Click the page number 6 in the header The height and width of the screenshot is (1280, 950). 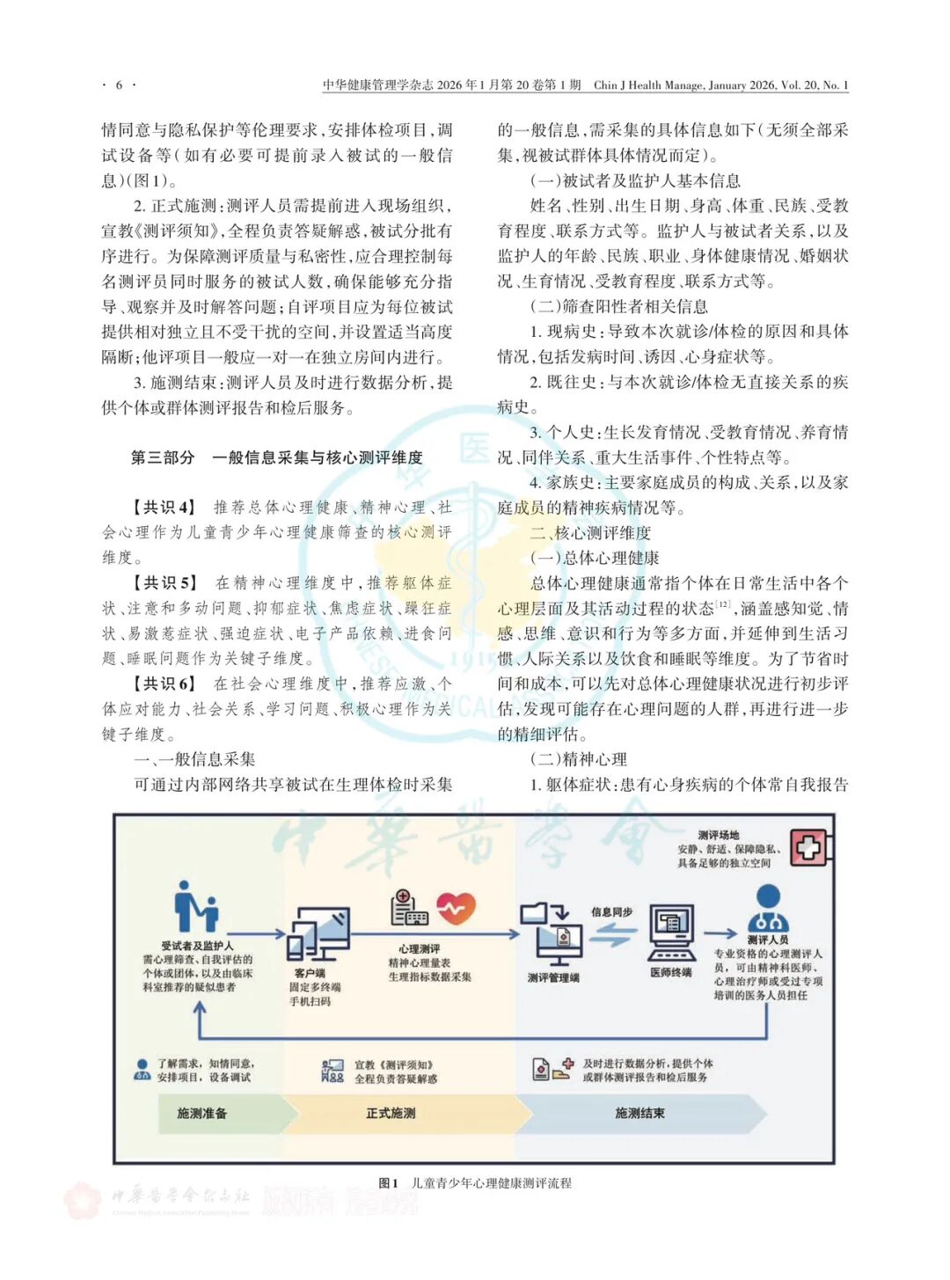coord(119,85)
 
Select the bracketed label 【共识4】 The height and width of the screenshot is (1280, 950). coord(164,508)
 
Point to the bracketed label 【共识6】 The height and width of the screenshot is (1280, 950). coord(164,684)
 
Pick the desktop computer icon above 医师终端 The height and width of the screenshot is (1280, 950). coord(671,933)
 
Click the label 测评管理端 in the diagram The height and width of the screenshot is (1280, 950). coord(553,977)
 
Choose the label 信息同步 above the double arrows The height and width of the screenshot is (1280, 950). coord(611,912)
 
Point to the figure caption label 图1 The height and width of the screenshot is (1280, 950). coord(388,1183)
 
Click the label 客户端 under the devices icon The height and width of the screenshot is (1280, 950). coord(310,973)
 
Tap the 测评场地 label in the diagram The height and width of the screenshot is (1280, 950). coord(719,835)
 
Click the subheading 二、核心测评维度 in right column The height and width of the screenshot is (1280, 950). coord(590,533)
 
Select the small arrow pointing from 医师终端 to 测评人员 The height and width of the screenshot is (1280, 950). coord(720,933)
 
